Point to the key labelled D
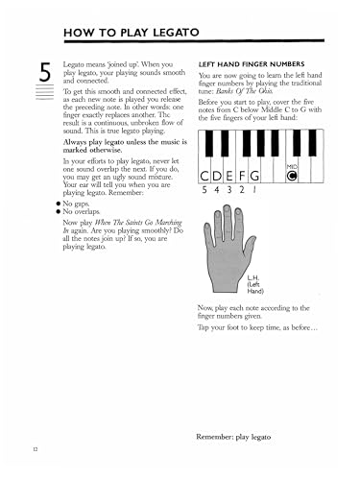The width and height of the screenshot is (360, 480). point(220,175)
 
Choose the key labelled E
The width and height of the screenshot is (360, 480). point(235,175)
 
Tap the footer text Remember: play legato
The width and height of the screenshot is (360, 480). point(248,410)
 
